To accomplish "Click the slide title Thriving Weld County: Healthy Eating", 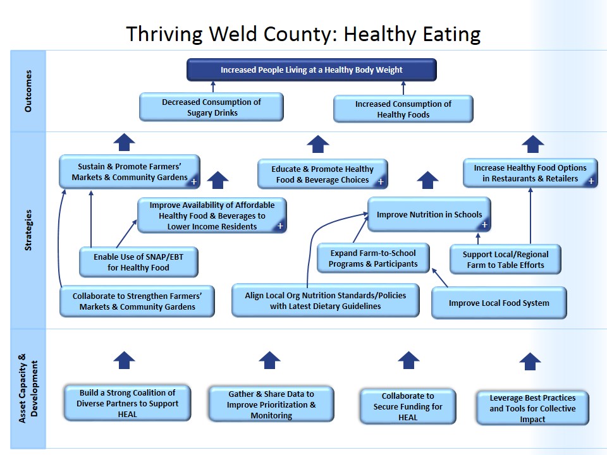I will coord(303,33).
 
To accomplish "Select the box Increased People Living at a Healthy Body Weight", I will coord(311,70).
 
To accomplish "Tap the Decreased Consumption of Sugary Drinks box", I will coord(211,107).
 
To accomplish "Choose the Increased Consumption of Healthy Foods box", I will coord(403,109).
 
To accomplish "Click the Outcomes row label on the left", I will coord(28,91).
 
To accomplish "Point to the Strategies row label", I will coord(28,230).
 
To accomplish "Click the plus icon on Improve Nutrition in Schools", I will coord(485,224).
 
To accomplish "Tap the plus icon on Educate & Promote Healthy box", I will coord(381,182).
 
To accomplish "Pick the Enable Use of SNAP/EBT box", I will coord(138,262).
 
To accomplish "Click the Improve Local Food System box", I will coord(499,303).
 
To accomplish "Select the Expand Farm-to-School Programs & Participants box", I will coord(374,258).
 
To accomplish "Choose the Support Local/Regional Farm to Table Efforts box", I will coord(505,260).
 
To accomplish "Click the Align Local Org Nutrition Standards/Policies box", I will coord(325,301).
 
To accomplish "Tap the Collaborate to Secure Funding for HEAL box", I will coord(408,406).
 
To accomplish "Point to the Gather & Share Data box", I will coord(271,404).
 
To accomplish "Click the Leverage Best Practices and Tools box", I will coord(532,408).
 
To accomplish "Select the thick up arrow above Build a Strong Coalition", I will coord(125,360).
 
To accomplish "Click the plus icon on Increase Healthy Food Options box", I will coord(591,181).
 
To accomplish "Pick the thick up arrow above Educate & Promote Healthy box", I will coord(318,144).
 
